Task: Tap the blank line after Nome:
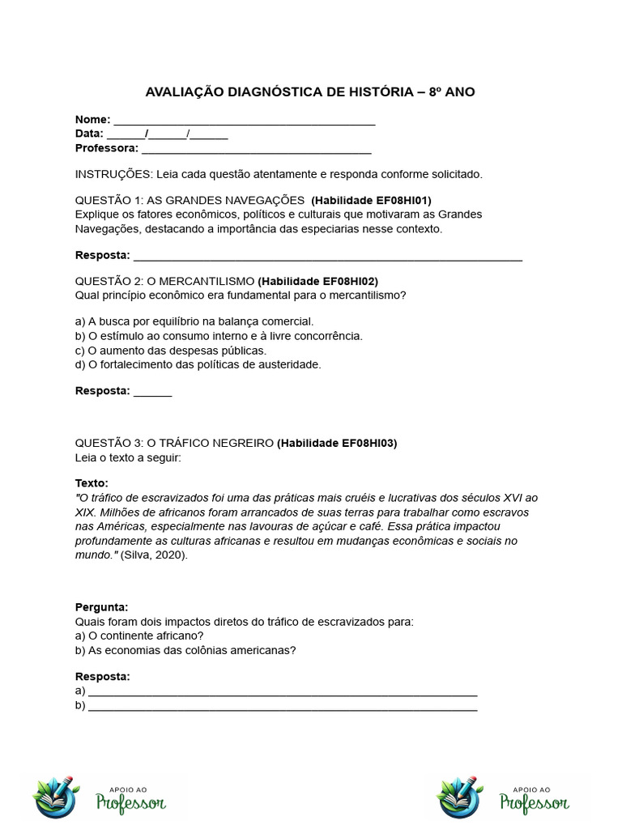click(x=244, y=121)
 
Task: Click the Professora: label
click(x=107, y=148)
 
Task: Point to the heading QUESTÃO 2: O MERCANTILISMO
click(x=164, y=281)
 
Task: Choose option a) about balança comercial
click(x=194, y=321)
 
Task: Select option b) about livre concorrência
click(x=219, y=335)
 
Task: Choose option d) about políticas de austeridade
click(x=198, y=364)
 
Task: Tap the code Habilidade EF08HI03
click(x=337, y=443)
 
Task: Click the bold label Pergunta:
click(x=102, y=606)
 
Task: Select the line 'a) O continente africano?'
click(x=138, y=636)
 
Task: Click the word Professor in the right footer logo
click(x=534, y=802)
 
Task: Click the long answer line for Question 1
click(x=327, y=257)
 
